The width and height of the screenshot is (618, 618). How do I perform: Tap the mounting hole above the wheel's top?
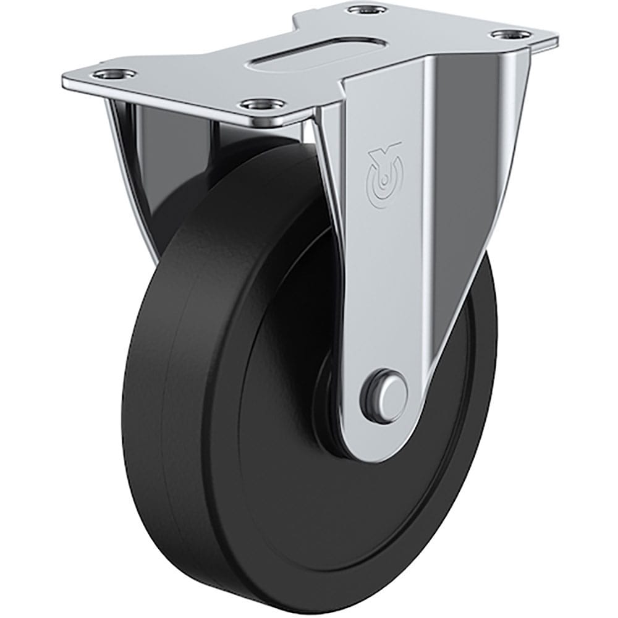pos(258,103)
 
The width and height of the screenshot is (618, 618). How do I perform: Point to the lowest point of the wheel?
pos(297,609)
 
